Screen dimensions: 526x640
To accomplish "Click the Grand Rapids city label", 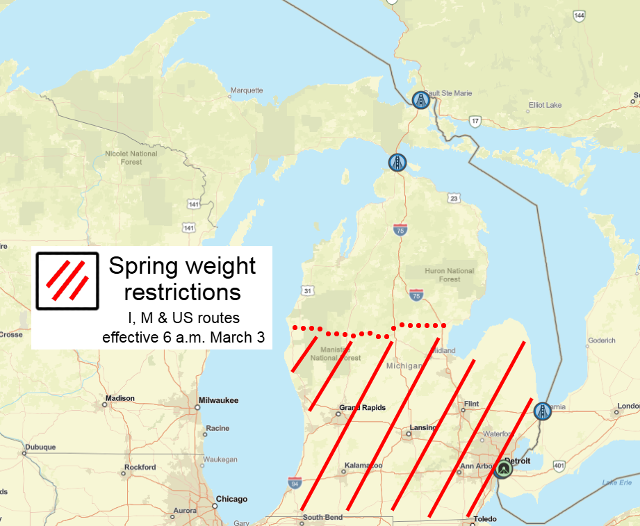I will [362, 408].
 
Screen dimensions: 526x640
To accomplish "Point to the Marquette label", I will [247, 90].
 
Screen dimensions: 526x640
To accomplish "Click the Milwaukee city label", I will [218, 400].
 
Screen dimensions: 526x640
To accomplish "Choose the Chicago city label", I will [231, 499].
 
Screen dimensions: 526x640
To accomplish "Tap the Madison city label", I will [120, 399].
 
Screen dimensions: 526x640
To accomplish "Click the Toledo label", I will [485, 519].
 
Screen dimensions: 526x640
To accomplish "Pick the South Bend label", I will [322, 517].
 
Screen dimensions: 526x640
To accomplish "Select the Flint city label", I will [471, 404].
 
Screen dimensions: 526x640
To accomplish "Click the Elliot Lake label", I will [545, 105].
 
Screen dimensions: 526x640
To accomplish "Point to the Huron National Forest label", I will [450, 275].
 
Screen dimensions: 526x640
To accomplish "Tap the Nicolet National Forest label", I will [131, 158].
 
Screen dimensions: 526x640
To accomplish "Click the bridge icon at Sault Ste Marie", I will [420, 101].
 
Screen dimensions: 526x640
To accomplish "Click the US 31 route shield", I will [306, 290].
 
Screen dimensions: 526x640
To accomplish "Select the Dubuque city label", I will [41, 447].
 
